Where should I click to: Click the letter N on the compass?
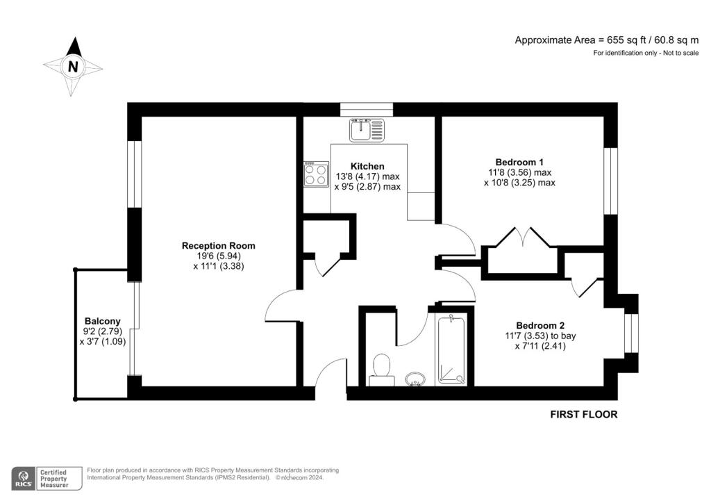(x=72, y=67)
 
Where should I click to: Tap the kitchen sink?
(x=367, y=130)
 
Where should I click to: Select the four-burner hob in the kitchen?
(x=317, y=174)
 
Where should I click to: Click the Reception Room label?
(x=219, y=245)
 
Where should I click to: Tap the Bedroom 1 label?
(x=519, y=162)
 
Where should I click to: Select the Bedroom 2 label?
(x=540, y=325)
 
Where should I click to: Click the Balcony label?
(x=103, y=321)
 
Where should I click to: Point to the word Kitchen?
(x=367, y=166)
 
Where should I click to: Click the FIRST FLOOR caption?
(x=583, y=414)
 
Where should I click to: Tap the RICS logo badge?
(x=24, y=479)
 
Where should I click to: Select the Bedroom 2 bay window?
(x=631, y=333)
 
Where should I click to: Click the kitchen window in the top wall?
(x=367, y=109)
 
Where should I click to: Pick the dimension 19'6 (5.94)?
(x=219, y=256)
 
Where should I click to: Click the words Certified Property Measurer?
(x=54, y=479)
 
